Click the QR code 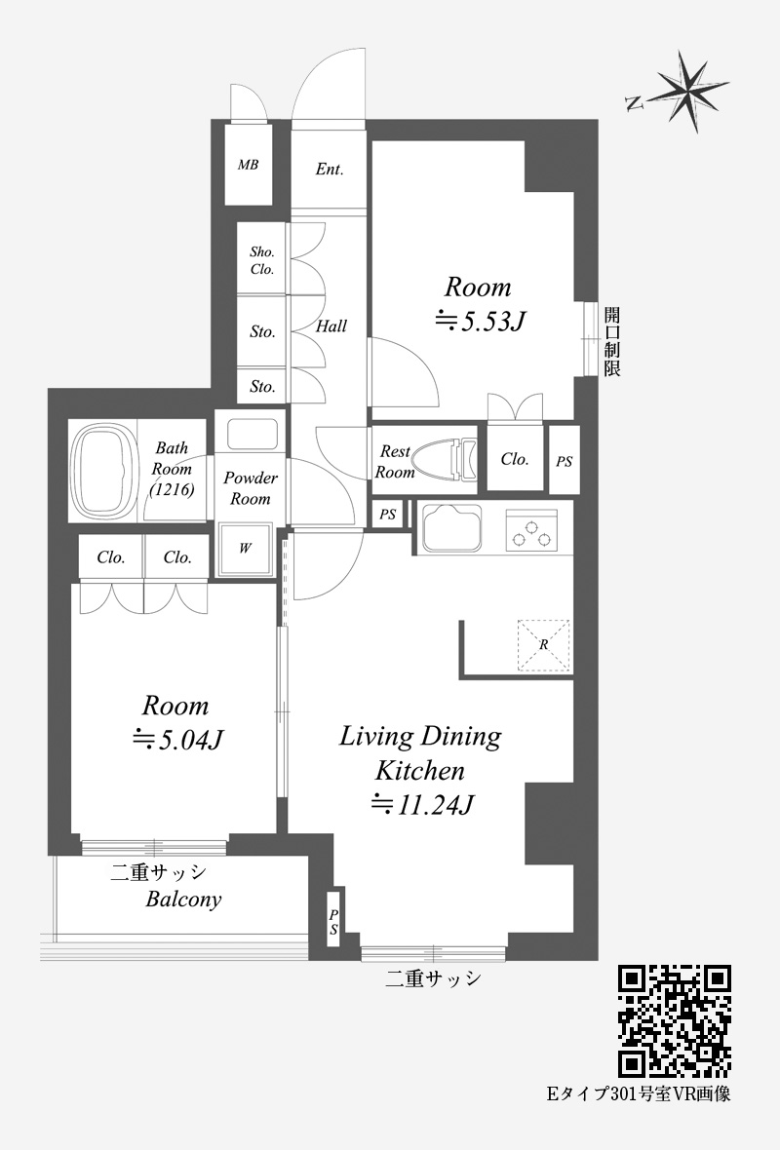click(675, 1021)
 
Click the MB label click(248, 165)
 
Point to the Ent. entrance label click(330, 170)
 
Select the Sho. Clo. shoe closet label click(262, 260)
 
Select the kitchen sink click(453, 528)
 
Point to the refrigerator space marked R click(544, 645)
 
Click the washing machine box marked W click(246, 549)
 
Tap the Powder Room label click(251, 488)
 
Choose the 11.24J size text click(423, 805)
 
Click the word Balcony click(183, 900)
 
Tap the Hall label click(331, 326)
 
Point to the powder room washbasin click(251, 435)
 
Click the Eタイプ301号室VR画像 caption click(640, 1094)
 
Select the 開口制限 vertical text click(612, 342)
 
